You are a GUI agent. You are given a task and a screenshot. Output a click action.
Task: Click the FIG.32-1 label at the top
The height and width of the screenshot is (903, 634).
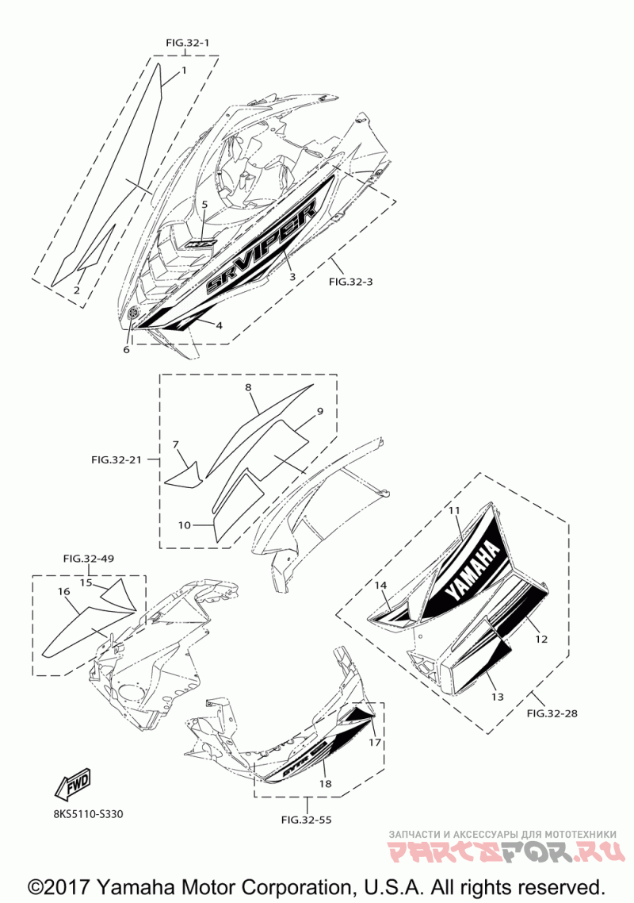(188, 40)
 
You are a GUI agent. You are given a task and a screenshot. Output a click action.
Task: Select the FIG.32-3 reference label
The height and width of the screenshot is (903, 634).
(350, 280)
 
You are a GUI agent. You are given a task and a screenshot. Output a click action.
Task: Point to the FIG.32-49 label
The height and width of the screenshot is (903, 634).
(88, 559)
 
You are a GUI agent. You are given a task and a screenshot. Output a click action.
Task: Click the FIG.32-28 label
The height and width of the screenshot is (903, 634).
(552, 713)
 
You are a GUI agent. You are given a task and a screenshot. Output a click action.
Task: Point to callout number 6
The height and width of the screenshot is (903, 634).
(126, 349)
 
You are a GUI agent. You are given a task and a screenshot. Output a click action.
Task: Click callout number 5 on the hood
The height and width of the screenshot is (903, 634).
(204, 205)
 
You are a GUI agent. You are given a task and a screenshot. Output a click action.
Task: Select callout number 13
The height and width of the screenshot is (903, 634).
(497, 697)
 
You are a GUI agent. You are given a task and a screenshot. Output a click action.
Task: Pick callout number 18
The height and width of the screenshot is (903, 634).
(325, 784)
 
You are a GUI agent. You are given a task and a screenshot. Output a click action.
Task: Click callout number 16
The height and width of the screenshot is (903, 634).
(64, 591)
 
